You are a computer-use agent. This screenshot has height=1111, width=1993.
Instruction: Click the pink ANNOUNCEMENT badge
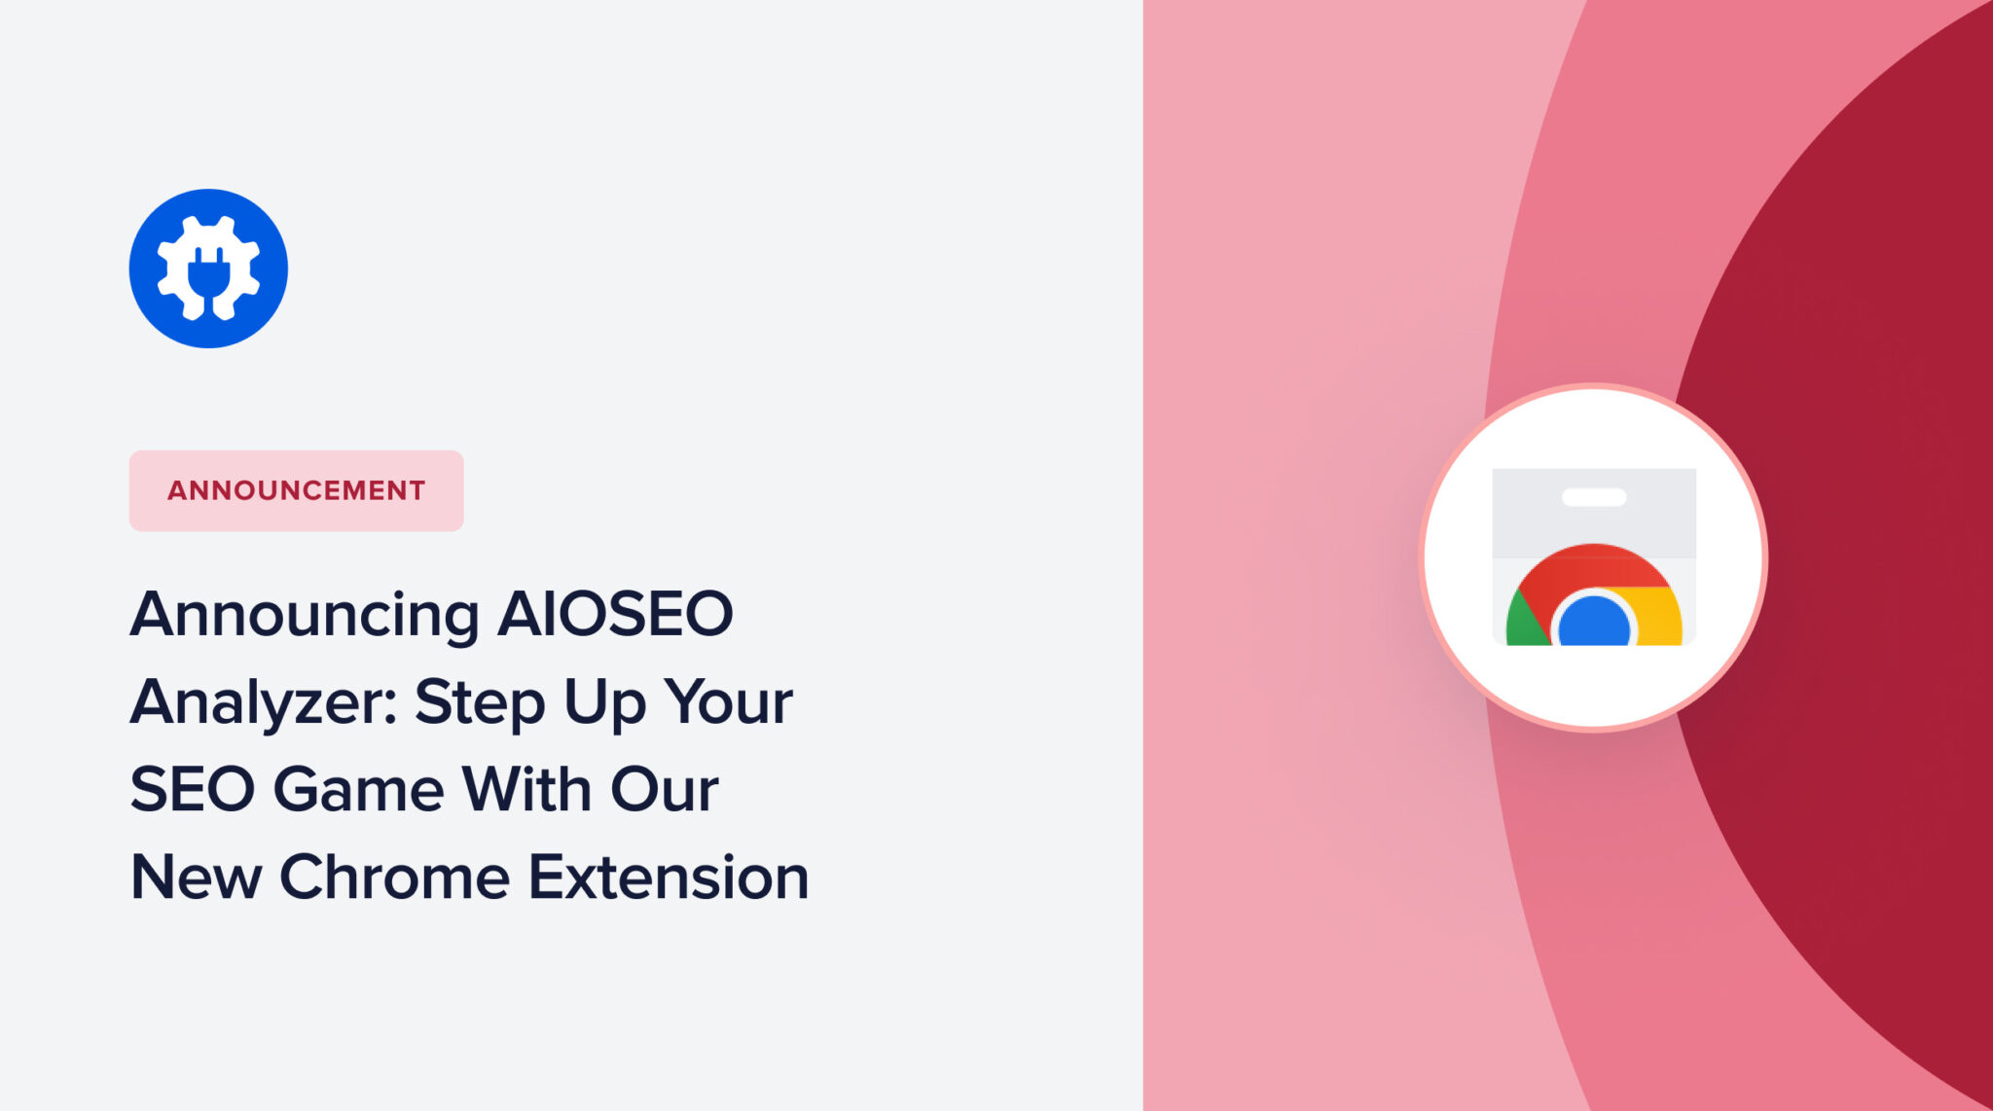pos(296,490)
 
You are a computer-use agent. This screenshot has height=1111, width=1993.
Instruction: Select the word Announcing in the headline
pos(305,616)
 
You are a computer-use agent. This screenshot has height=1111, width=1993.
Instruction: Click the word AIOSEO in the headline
pos(615,614)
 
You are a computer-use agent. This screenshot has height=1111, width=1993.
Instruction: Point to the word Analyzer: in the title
pos(263,703)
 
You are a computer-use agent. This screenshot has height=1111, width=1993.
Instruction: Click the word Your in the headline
pos(729,701)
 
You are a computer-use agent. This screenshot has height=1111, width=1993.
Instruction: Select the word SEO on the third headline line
pos(192,789)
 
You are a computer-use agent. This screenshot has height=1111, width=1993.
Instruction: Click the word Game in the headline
pos(358,789)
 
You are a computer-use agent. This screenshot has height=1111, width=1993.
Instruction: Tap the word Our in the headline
pos(665,789)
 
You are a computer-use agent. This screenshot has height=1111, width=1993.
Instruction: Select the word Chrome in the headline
pos(394,878)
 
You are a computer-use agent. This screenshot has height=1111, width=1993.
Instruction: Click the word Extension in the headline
pos(669,878)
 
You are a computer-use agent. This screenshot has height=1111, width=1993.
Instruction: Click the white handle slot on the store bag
pos(1594,497)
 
